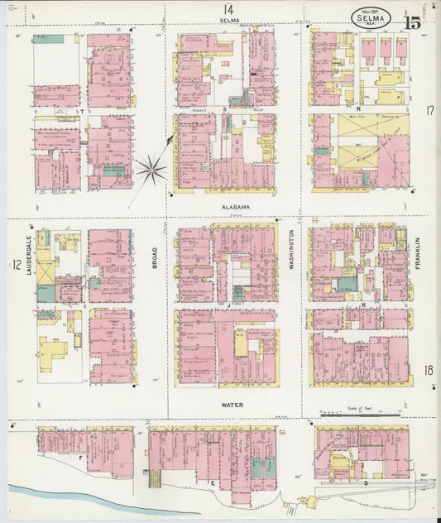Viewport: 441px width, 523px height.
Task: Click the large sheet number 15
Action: tap(412, 22)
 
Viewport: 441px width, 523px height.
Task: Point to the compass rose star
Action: tap(151, 170)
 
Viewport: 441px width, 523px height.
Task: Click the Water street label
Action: tap(232, 405)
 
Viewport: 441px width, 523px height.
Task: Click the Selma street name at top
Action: tap(229, 20)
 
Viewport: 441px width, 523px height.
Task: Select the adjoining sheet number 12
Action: tap(15, 265)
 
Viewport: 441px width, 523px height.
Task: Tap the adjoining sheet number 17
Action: tap(429, 110)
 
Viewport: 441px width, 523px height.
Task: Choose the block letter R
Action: tap(358, 108)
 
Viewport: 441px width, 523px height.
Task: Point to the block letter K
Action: tap(363, 305)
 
